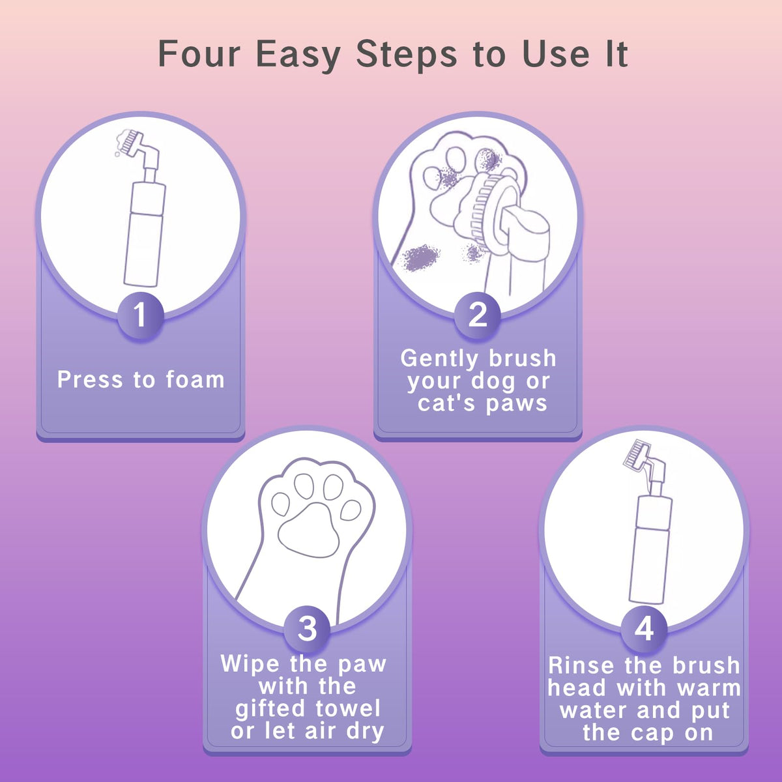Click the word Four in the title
pos(199,53)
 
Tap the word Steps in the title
pos(406,55)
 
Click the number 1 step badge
pos(140,315)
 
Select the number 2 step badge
pos(477,315)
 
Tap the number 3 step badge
pos(307,630)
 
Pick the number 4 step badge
pos(644,630)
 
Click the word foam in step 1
pos(195,380)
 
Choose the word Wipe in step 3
pos(250,664)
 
